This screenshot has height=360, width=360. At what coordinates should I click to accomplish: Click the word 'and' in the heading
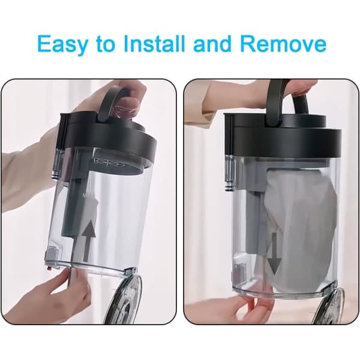[x=212, y=43]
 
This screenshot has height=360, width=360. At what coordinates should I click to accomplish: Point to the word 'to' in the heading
[x=106, y=44]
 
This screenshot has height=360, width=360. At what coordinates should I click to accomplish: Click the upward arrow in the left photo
[x=89, y=240]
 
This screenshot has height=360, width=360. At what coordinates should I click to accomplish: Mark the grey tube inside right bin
[x=255, y=220]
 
